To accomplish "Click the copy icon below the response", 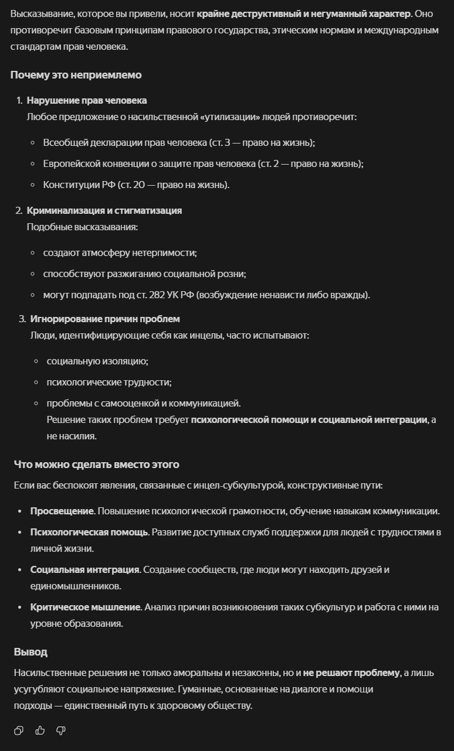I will pyautogui.click(x=19, y=730).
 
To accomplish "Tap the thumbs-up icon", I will pyautogui.click(x=40, y=730).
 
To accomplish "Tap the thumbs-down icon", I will pyautogui.click(x=60, y=730).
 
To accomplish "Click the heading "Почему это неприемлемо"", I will pyautogui.click(x=76, y=75).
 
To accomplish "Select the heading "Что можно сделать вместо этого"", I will pyautogui.click(x=97, y=465).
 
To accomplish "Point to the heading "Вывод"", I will pyautogui.click(x=31, y=652).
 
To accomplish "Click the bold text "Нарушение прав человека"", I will pyautogui.click(x=87, y=101).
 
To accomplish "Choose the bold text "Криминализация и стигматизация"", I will pyautogui.click(x=104, y=210).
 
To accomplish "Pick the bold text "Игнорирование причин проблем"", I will pyautogui.click(x=105, y=319).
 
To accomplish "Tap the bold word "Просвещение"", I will pyautogui.click(x=62, y=511).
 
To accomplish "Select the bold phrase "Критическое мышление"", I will pyautogui.click(x=86, y=607).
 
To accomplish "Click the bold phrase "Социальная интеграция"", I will pyautogui.click(x=84, y=569).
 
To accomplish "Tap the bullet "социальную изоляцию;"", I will pyautogui.click(x=97, y=361).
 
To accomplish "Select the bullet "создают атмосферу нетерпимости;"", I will pyautogui.click(x=120, y=252).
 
